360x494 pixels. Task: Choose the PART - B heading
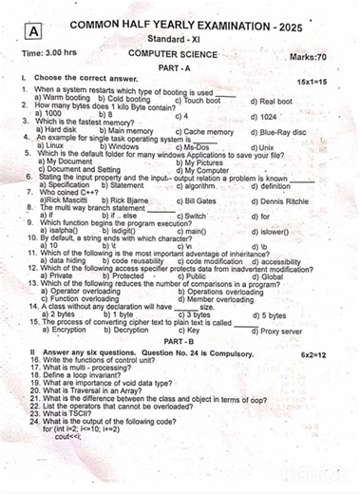point(179,340)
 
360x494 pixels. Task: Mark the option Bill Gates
point(202,201)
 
